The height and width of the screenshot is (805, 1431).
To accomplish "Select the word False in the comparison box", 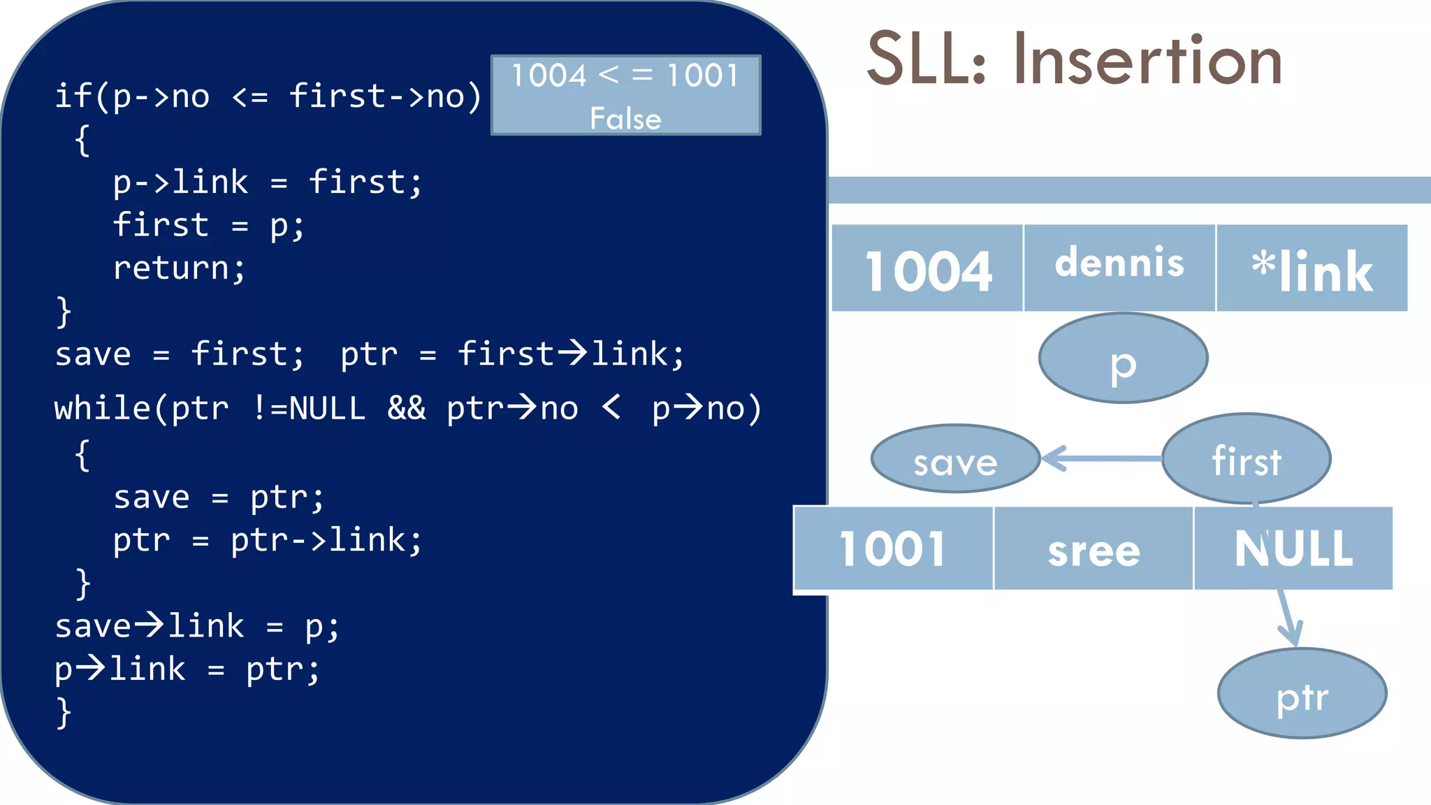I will click(x=625, y=118).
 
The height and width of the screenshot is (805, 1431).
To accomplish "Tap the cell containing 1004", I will click(x=927, y=269).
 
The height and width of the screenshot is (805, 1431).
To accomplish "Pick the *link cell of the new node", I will click(x=1312, y=269).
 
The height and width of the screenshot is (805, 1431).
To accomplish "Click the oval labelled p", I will click(x=1123, y=358).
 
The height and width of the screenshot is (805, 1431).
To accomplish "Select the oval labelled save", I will click(x=955, y=459).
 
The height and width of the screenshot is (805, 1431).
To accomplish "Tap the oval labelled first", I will click(x=1246, y=459).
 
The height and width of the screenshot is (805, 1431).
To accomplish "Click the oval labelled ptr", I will click(x=1302, y=694).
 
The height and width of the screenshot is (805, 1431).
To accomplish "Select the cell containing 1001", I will click(x=893, y=549).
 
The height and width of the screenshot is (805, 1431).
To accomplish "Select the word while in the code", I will click(x=102, y=408).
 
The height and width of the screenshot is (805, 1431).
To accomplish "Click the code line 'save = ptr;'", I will click(x=219, y=498).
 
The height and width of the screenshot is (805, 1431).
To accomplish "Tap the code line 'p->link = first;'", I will click(x=268, y=182).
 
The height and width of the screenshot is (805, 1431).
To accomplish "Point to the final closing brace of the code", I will click(x=64, y=713).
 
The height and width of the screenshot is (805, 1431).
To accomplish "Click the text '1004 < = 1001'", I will click(x=625, y=75).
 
